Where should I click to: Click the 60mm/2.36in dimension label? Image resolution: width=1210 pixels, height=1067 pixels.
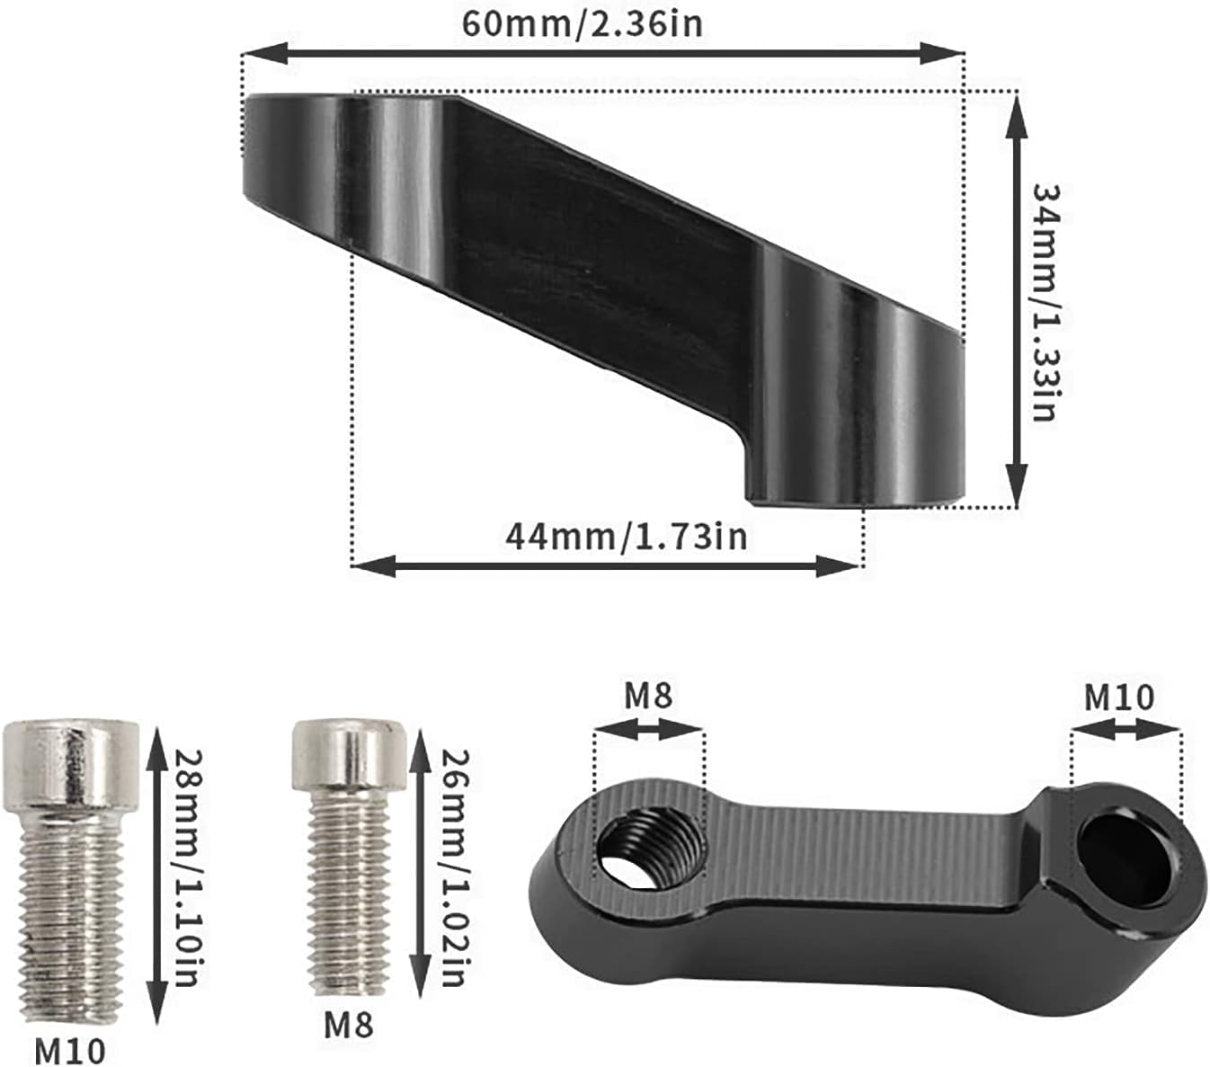(582, 22)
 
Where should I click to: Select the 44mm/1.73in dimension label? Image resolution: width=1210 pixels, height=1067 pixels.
(626, 537)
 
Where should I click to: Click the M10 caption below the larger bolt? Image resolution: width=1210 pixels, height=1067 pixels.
(70, 1049)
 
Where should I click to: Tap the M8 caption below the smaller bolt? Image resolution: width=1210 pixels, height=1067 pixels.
(348, 1024)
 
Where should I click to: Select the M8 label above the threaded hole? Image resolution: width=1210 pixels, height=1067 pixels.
(648, 695)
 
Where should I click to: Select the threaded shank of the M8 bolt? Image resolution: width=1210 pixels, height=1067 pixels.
(349, 890)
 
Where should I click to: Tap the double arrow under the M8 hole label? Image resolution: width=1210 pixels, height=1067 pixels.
(648, 730)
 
